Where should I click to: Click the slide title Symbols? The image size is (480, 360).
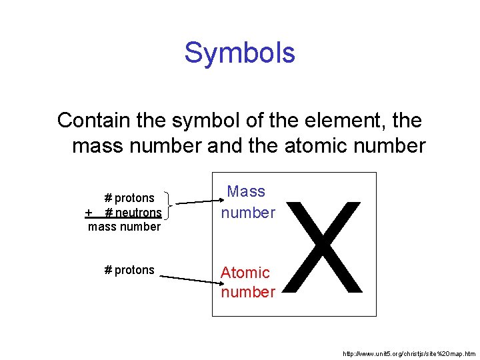[x=239, y=53]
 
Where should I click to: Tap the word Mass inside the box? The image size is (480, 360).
[x=246, y=192]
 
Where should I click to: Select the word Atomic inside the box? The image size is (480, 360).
[x=245, y=273]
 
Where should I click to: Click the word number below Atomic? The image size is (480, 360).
[x=248, y=292]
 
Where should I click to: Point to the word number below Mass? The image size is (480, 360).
[x=248, y=213]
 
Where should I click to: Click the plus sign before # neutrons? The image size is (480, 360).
[x=89, y=213]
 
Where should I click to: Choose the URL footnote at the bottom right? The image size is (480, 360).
[x=408, y=353]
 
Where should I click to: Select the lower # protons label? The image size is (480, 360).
[x=129, y=270]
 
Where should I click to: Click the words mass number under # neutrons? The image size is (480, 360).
[x=125, y=227]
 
